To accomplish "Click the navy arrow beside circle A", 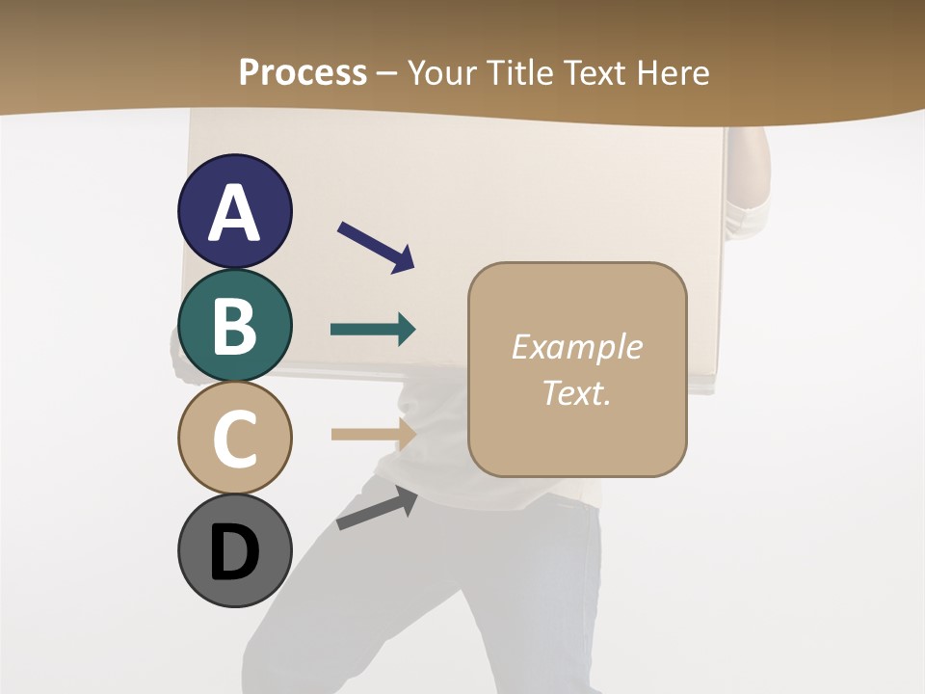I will (376, 247).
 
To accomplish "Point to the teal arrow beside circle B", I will (373, 330).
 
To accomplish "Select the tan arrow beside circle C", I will (373, 434).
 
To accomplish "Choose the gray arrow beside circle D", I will (377, 508).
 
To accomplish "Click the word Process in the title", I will (303, 72).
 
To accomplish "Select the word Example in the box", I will (577, 347).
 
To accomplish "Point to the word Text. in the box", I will (577, 392).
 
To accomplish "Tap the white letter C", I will (234, 439).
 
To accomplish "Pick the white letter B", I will (234, 326).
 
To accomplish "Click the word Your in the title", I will (439, 72).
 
